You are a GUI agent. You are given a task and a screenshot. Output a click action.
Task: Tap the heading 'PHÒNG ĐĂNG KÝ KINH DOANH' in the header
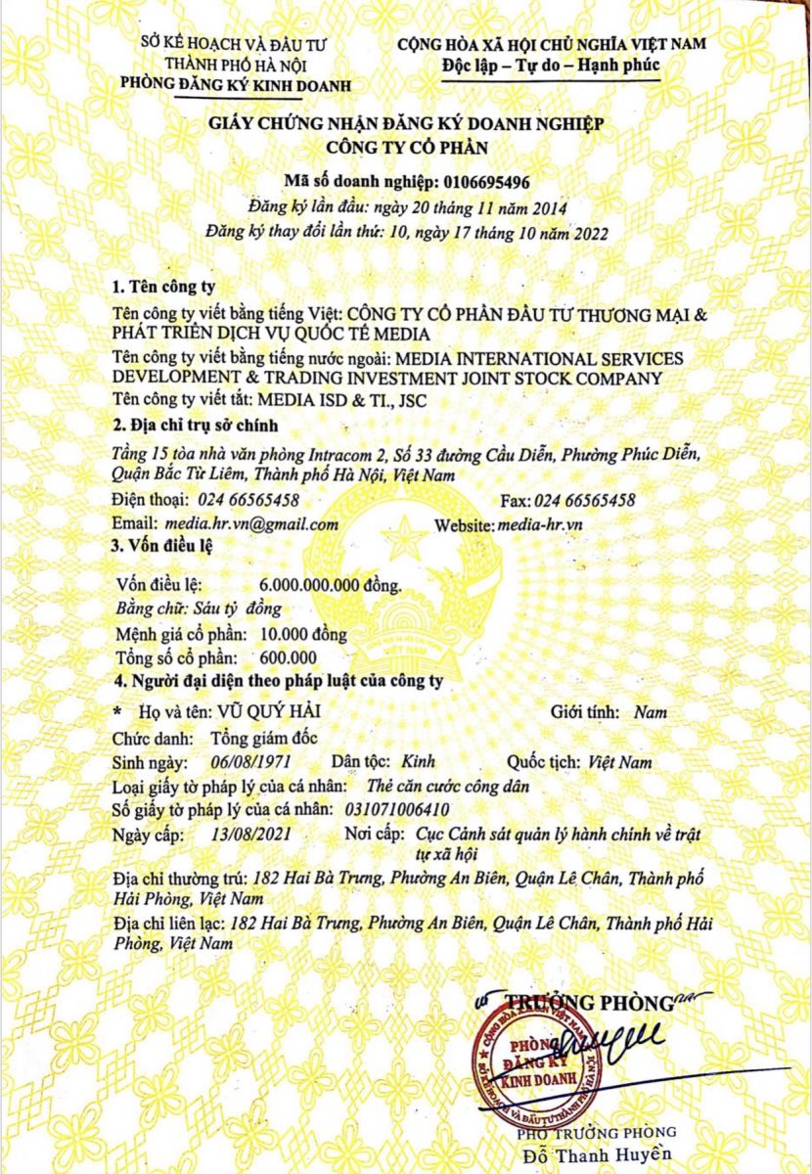click(234, 85)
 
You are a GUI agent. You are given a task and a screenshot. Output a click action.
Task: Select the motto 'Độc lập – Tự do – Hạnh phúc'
click(550, 67)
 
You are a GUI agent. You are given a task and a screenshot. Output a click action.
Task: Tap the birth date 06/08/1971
click(251, 760)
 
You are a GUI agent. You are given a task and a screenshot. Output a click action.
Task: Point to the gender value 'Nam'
click(650, 712)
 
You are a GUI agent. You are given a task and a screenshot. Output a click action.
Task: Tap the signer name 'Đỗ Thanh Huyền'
click(601, 1155)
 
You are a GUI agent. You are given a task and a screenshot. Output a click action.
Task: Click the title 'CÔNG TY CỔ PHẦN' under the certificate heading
click(405, 148)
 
